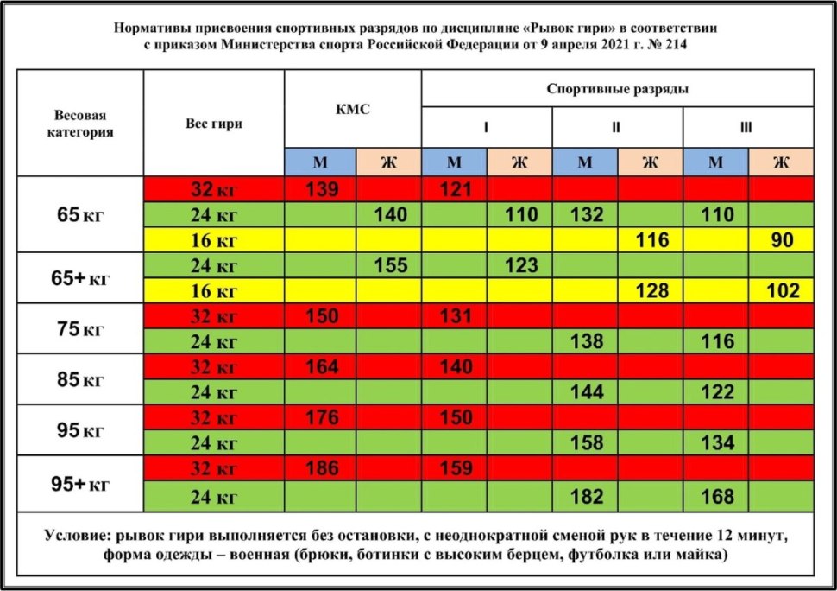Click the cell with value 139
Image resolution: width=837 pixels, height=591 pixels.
tap(319, 189)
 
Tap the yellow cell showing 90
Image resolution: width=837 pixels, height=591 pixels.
tap(782, 240)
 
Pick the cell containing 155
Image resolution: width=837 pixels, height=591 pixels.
tap(389, 266)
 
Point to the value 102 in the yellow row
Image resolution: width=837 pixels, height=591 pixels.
tap(782, 291)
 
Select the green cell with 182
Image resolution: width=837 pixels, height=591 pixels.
tap(586, 496)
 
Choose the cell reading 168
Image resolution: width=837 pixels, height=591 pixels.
tap(716, 496)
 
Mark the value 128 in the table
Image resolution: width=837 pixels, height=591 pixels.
tap(651, 291)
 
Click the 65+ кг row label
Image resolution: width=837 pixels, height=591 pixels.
tap(79, 278)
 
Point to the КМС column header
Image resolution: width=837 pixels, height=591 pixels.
tap(353, 109)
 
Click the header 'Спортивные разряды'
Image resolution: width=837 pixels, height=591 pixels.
tap(617, 89)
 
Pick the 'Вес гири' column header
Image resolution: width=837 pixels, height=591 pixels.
tap(214, 124)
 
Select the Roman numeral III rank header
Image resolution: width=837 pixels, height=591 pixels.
tap(746, 128)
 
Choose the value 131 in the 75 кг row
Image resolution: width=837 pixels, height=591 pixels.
tap(455, 316)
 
